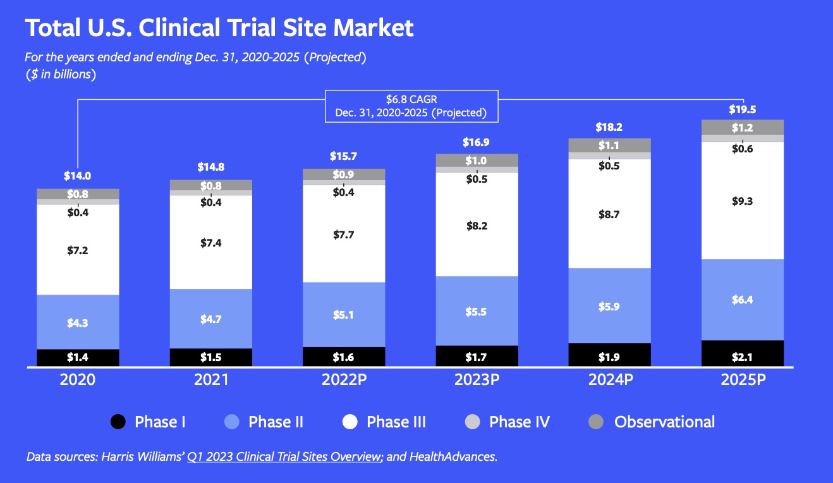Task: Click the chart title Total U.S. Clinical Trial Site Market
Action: point(219,28)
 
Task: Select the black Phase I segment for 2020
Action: point(78,357)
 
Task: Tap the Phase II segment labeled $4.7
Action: point(210,319)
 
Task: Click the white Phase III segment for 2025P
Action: point(742,201)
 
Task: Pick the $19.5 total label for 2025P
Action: point(742,109)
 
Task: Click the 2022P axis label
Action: point(343,380)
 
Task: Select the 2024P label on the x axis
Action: point(609,380)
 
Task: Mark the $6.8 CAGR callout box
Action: point(411,106)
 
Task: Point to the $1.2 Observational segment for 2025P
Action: point(742,127)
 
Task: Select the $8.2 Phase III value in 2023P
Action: point(477,226)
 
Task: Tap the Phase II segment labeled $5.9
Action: point(609,307)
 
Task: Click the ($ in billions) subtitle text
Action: point(61,74)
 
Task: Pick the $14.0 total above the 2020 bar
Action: point(78,176)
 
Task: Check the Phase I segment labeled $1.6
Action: point(343,357)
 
